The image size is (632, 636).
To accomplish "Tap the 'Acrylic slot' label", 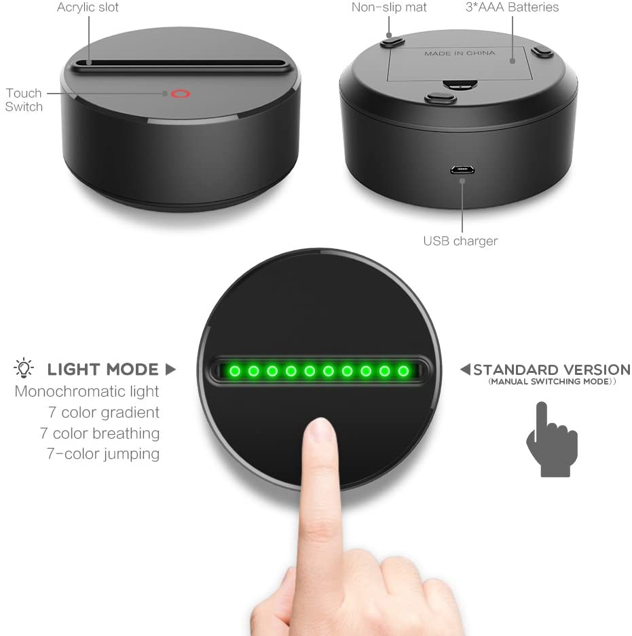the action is point(88,7).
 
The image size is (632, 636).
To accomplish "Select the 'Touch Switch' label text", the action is point(24,100).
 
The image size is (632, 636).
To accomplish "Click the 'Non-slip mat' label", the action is point(389,7).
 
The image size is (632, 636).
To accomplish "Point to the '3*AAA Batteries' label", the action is point(512,7).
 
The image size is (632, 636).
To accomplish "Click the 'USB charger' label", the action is point(460,241).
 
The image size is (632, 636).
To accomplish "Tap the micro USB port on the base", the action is point(462,170).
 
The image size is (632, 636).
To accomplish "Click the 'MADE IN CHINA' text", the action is point(460,53).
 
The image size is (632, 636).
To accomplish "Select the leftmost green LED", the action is point(235,371).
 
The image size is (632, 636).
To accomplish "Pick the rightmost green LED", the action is point(403,371).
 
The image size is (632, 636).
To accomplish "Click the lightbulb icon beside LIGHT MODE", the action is point(24,368).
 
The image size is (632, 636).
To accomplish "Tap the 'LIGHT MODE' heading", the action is point(103,370).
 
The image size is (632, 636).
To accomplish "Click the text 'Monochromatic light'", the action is point(87,391).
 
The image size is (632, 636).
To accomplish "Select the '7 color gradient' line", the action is point(104,412).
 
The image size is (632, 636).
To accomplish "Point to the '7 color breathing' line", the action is point(100,433).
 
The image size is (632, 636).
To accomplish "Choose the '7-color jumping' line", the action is point(103,454).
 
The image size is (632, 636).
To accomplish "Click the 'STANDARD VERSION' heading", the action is point(552,370).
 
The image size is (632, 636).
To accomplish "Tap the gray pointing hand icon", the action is point(552,439).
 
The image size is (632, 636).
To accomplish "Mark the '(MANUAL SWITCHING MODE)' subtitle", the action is point(552,382).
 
